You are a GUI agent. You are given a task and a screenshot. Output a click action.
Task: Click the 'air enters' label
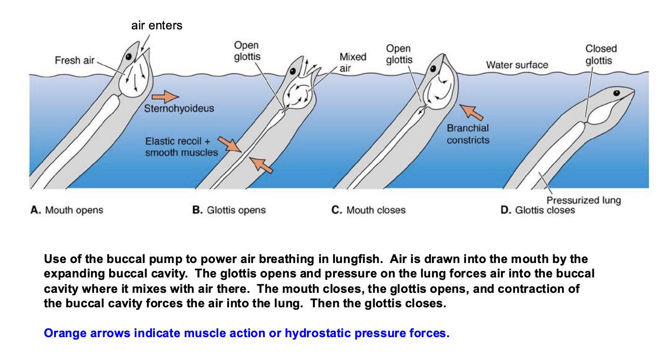(x=157, y=26)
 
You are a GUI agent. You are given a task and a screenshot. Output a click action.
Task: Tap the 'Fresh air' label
(x=75, y=60)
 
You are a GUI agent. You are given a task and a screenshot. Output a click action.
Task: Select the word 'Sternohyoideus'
(x=179, y=109)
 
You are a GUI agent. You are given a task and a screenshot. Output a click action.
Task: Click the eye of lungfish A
(x=127, y=56)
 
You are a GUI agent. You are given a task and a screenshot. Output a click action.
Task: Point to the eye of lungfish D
(x=617, y=93)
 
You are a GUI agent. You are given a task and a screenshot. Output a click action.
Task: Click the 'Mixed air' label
(x=352, y=62)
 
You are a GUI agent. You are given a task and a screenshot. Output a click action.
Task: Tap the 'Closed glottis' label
(x=601, y=55)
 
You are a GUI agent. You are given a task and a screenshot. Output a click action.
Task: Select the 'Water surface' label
(x=517, y=65)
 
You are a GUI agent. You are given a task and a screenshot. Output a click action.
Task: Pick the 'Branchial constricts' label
(x=468, y=134)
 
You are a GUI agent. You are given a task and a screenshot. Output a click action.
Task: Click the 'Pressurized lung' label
(x=584, y=201)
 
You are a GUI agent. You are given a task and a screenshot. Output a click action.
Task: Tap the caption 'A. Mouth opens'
(x=67, y=210)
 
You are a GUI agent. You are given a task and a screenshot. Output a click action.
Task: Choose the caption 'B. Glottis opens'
(x=229, y=210)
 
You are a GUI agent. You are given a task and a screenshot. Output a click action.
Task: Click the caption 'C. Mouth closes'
(x=368, y=210)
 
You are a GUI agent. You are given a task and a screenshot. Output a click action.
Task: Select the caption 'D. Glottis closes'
(x=537, y=210)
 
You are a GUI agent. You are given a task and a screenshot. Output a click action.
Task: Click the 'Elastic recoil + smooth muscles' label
(x=181, y=146)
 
